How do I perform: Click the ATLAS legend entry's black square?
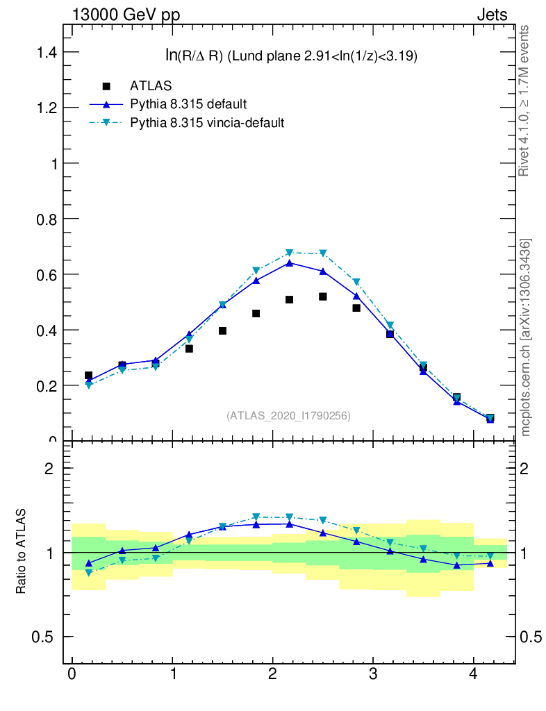point(106,87)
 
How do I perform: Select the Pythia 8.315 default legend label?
point(188,105)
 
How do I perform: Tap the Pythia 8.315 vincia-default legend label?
point(207,123)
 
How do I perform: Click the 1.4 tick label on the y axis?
point(41,53)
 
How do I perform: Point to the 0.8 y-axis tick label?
point(41,219)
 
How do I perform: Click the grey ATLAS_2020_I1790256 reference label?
point(288,416)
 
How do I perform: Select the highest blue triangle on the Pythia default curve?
point(289,262)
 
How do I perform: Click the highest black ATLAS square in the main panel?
point(323,296)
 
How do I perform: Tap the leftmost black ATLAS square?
point(88,376)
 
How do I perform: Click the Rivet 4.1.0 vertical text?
point(524,101)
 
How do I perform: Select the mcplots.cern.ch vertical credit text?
point(526,337)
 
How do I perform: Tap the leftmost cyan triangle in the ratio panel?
point(88,573)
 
